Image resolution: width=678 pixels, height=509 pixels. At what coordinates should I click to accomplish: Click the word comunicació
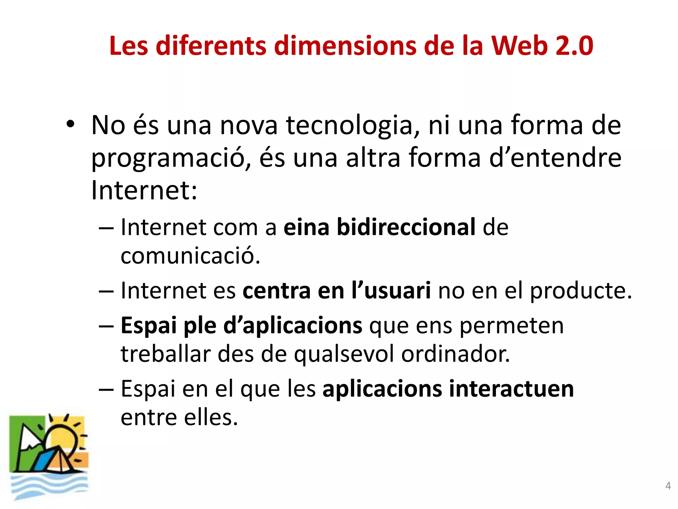click(190, 256)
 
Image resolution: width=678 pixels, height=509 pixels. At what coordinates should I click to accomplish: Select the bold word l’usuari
click(391, 291)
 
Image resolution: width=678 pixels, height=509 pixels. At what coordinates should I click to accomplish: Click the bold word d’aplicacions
click(293, 326)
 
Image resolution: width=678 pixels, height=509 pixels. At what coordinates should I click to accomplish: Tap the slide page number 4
click(668, 486)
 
